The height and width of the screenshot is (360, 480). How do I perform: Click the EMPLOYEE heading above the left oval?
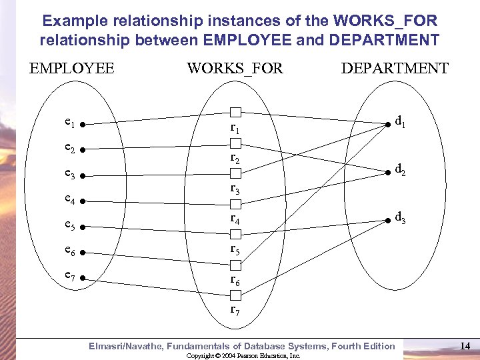tap(72, 68)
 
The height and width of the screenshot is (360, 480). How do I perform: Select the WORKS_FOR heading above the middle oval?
tap(235, 68)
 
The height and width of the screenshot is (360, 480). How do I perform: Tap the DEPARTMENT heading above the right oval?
tap(395, 68)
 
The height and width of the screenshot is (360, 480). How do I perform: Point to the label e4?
tap(70, 199)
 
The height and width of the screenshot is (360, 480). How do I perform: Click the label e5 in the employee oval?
tap(70, 225)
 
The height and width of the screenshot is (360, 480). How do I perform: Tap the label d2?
tap(400, 169)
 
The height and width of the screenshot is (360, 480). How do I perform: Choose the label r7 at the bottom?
tap(235, 309)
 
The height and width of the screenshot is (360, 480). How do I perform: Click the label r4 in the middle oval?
tap(235, 218)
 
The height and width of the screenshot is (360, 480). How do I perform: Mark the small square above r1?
tap(235, 111)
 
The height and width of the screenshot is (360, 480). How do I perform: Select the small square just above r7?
tap(235, 295)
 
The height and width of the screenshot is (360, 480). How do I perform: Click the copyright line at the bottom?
tap(243, 356)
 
